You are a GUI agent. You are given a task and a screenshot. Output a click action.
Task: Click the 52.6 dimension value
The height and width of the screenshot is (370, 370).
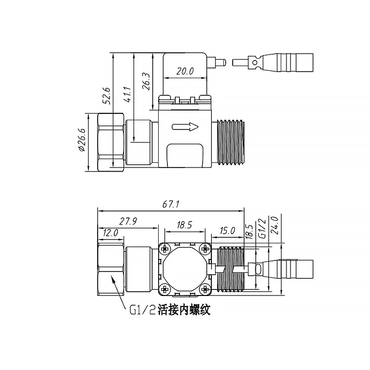click(106, 95)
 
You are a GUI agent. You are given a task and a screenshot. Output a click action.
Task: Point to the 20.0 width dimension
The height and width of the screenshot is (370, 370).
click(185, 72)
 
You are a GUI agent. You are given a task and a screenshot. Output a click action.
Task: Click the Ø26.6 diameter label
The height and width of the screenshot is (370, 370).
click(82, 140)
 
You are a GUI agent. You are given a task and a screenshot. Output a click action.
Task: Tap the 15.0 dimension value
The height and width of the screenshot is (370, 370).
click(227, 230)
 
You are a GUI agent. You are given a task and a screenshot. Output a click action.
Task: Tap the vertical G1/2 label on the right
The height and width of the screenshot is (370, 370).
click(261, 228)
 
